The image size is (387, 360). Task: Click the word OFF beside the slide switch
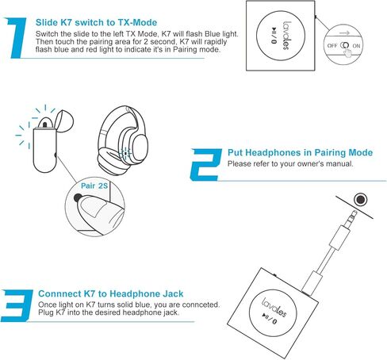(x=331, y=46)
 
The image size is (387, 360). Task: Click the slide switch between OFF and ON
(x=345, y=46)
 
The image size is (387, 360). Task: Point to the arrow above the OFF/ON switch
(x=345, y=33)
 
